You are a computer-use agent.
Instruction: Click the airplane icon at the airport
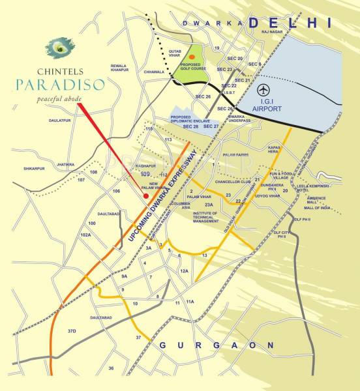[x=263, y=89]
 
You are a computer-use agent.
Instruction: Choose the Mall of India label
[x=316, y=207]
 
